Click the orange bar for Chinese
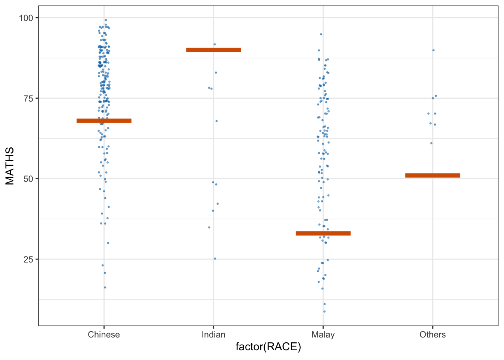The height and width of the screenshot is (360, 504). [x=104, y=121]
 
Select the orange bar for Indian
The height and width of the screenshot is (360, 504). [x=213, y=50]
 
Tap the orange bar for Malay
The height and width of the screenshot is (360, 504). [x=323, y=234]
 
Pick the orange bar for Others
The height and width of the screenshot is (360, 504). [x=433, y=175]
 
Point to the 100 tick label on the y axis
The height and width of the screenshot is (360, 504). [x=26, y=18]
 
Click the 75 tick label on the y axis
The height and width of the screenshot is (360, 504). [x=28, y=99]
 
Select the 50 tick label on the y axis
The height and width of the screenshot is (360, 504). [x=28, y=179]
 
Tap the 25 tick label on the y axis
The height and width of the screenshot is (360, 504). [x=28, y=259]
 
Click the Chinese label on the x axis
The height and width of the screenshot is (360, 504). [x=104, y=334]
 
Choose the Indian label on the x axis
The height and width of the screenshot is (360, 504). [x=213, y=334]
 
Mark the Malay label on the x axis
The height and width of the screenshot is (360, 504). [x=323, y=335]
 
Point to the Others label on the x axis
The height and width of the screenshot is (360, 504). [x=433, y=334]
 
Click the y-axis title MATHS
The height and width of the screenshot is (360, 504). [x=10, y=166]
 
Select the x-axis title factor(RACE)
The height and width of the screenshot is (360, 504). [x=268, y=347]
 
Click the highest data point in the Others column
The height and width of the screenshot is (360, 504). [x=433, y=50]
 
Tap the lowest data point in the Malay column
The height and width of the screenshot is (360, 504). [x=324, y=312]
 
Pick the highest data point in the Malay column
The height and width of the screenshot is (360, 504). [x=321, y=34]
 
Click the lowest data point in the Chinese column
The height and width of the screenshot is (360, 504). [x=105, y=288]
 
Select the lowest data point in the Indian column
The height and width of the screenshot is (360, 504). [x=215, y=259]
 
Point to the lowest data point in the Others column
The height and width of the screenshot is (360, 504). [x=431, y=143]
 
